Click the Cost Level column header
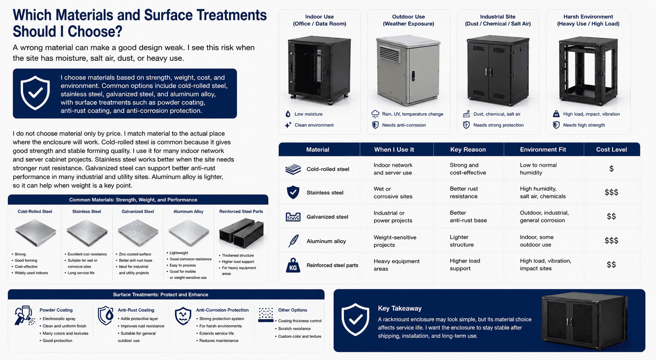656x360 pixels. click(x=611, y=150)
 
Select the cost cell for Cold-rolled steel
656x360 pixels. click(x=611, y=169)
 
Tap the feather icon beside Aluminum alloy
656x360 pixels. click(x=293, y=241)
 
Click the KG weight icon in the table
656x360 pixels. click(x=293, y=265)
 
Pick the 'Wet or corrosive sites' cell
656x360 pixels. click(x=393, y=193)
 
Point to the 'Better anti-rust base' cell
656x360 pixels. click(x=468, y=217)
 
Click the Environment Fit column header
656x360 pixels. click(x=543, y=150)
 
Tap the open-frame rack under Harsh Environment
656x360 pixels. click(x=589, y=71)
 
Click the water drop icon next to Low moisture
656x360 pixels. click(x=288, y=114)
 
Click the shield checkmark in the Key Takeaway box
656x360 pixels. click(x=355, y=319)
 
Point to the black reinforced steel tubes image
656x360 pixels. click(x=241, y=233)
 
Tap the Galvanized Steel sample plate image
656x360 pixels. click(x=138, y=233)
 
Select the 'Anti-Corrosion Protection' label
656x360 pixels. click(x=222, y=310)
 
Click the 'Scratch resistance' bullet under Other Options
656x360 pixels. click(x=294, y=329)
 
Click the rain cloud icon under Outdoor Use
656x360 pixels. click(x=375, y=114)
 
